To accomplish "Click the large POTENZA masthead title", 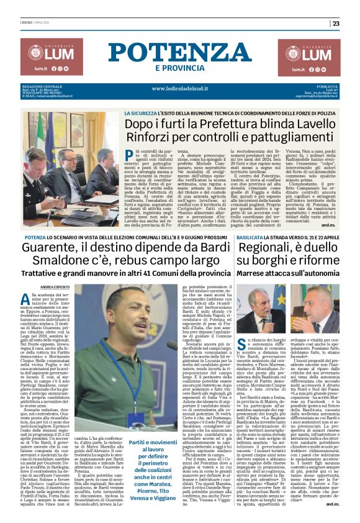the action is (x=180, y=52).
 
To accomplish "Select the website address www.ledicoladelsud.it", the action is (x=179, y=88).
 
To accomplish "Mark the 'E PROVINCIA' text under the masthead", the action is (x=179, y=68).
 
